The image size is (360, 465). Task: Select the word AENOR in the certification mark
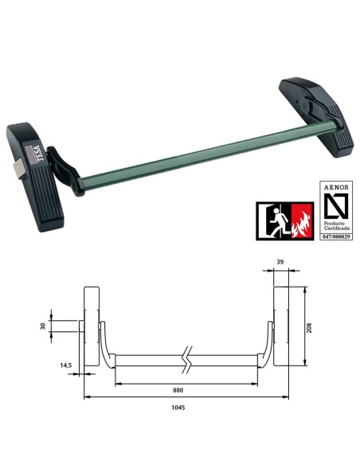[x=336, y=187]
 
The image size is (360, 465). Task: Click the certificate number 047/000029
[x=336, y=237]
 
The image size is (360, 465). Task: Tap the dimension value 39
[x=280, y=262]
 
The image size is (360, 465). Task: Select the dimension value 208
[x=309, y=328]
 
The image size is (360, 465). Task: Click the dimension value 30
[x=43, y=326]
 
